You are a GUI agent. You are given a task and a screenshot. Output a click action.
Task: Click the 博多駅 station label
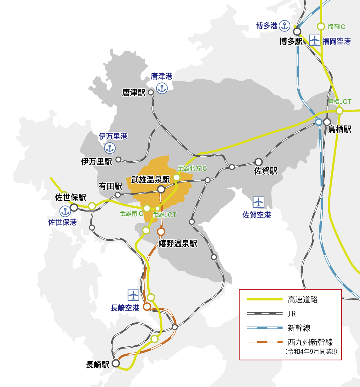point(291,41)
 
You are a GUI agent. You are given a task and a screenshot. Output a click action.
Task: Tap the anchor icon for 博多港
point(284,26)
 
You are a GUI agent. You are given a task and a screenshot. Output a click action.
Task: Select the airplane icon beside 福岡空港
point(314,41)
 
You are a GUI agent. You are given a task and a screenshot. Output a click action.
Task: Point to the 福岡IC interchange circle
point(321,27)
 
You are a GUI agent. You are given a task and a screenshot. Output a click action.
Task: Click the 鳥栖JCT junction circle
point(340,111)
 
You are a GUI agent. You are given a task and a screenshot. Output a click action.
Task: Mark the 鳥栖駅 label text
point(340,129)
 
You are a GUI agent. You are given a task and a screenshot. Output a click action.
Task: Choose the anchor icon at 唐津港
point(162,89)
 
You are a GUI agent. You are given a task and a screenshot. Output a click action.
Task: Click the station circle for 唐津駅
point(151,92)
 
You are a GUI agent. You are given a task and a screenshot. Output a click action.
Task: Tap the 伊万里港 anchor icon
point(110,148)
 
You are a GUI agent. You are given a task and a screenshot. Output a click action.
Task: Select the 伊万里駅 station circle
point(118,159)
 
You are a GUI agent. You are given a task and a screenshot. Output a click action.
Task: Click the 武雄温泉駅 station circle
point(161,189)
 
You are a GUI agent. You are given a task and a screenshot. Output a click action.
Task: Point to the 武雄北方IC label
point(192,169)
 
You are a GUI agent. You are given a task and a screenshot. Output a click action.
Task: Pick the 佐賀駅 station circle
point(259,162)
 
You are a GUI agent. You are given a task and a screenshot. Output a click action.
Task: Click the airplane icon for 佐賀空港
point(259,202)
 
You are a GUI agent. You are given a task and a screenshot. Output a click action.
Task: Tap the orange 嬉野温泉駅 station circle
point(161,232)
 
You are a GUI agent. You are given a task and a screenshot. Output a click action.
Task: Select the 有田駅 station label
point(110,186)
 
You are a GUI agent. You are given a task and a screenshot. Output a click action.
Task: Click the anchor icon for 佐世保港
point(65,211)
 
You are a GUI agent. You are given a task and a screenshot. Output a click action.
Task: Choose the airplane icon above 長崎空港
point(133,295)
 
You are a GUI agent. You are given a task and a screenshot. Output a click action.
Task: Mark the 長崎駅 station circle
point(116,363)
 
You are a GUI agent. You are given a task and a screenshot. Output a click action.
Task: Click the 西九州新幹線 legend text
point(310,342)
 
